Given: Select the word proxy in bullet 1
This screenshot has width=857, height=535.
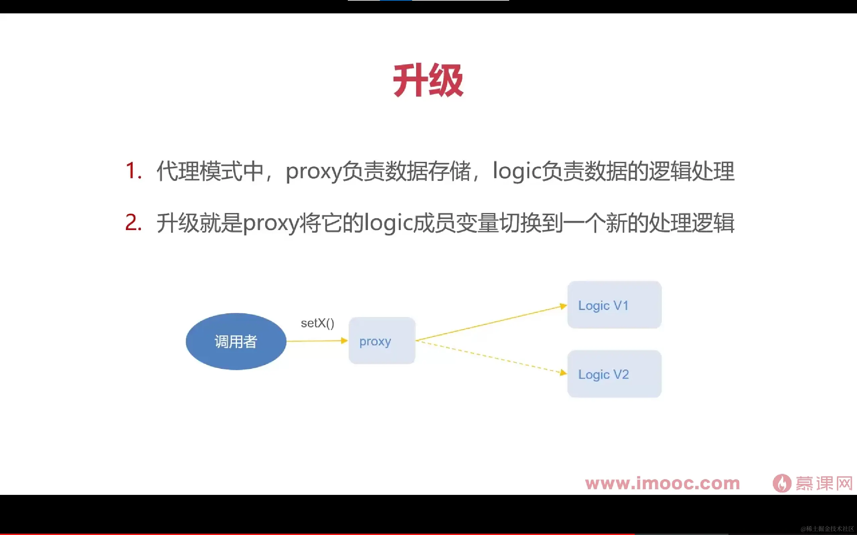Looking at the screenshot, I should [314, 172].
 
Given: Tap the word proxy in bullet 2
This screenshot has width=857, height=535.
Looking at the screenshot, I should [270, 224].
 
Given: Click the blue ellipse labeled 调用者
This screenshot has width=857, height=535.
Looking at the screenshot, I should [236, 341].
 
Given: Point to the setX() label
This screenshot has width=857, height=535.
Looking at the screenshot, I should [317, 323].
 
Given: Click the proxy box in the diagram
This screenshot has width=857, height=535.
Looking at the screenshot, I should [382, 341].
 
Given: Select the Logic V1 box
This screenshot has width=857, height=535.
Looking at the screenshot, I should [614, 305].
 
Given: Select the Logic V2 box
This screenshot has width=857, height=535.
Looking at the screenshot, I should [614, 374].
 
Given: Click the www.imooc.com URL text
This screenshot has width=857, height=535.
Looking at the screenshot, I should [662, 484].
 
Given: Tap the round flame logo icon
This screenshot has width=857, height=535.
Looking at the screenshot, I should [782, 484].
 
